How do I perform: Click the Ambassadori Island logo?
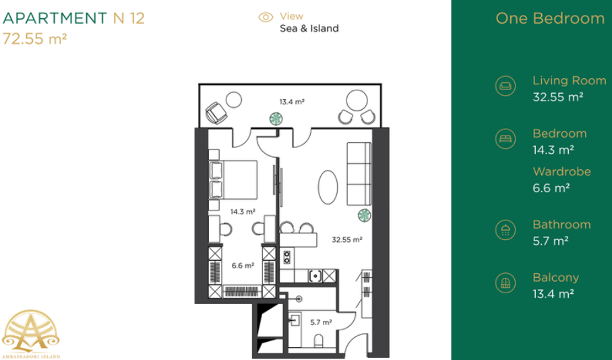pos(31,334)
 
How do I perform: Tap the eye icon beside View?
pos(266,17)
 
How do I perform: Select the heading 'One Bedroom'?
pos(550,18)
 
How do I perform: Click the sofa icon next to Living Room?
pos(506,86)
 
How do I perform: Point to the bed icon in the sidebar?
pos(506,139)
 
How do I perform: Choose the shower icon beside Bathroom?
pos(506,230)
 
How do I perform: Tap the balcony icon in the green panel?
pos(506,282)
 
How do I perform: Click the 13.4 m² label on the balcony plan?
pos(292,102)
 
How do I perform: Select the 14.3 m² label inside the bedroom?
pos(243,212)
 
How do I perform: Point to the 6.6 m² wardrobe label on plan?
pos(243,266)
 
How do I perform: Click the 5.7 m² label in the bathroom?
pos(321,322)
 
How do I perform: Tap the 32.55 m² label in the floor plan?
pos(347,239)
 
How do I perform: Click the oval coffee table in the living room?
pos(328,187)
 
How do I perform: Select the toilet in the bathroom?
pos(319,341)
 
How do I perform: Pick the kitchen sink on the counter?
pos(315,276)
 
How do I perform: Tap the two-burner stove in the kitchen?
pos(287,258)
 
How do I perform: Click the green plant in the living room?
pos(364,215)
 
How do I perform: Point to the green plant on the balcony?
pos(276,119)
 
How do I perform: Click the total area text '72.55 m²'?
pos(35,39)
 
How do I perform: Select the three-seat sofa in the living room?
pos(359,174)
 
